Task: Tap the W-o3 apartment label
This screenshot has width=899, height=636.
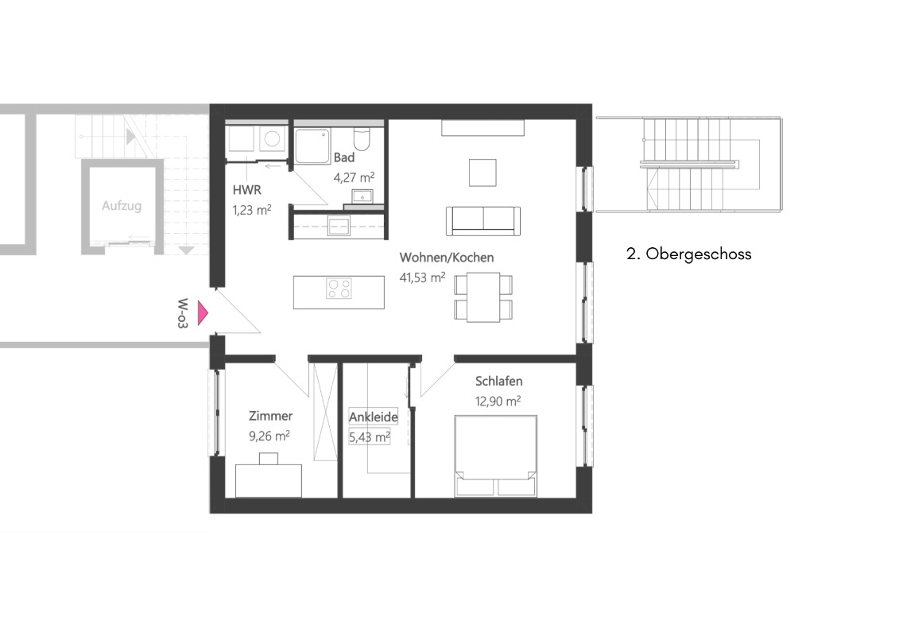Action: [184, 313]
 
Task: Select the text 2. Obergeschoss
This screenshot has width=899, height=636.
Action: [688, 254]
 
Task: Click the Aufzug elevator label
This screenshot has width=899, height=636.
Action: [122, 206]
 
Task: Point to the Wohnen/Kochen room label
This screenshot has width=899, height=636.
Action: [446, 258]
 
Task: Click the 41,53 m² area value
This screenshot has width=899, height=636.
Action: [421, 277]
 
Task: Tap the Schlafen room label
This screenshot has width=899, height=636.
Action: [498, 382]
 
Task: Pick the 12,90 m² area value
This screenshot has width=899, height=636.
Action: [498, 401]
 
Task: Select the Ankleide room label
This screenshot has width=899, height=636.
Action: [373, 417]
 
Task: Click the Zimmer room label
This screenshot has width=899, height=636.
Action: [270, 416]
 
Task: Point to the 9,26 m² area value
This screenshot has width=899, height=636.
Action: [269, 436]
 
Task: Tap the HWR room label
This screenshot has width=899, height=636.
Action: [245, 190]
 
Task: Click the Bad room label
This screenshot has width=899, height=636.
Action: [344, 157]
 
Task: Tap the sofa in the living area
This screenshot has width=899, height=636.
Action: [483, 220]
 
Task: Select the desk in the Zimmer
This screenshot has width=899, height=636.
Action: [269, 478]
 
